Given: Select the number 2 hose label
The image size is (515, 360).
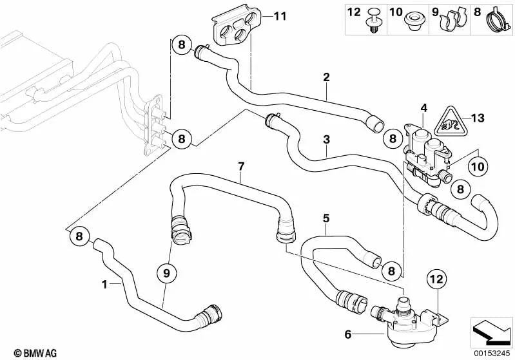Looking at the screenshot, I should pyautogui.click(x=327, y=78).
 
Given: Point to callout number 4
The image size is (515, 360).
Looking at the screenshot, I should pyautogui.click(x=423, y=107).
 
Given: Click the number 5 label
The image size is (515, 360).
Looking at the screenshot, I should pyautogui.click(x=326, y=218).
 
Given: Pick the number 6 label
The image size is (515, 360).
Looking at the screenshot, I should pyautogui.click(x=349, y=334).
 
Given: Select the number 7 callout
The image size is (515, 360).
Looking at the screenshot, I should pyautogui.click(x=240, y=166).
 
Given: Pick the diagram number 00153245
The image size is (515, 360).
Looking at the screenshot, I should pyautogui.click(x=491, y=352).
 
